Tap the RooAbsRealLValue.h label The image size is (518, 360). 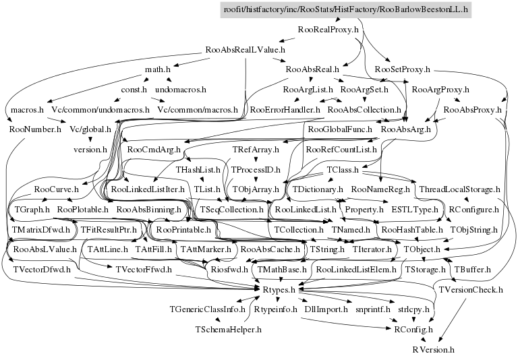pyautogui.click(x=246, y=49)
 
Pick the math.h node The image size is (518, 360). pyautogui.click(x=157, y=69)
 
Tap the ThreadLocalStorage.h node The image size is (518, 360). pyautogui.click(x=459, y=190)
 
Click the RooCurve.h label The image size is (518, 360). pyautogui.click(x=56, y=190)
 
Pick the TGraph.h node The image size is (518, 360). pyautogui.click(x=33, y=210)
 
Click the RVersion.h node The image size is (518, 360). pyautogui.click(x=434, y=349)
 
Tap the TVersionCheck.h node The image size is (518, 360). pyautogui.click(x=471, y=289)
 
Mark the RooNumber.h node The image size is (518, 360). pyautogui.click(x=35, y=128)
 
